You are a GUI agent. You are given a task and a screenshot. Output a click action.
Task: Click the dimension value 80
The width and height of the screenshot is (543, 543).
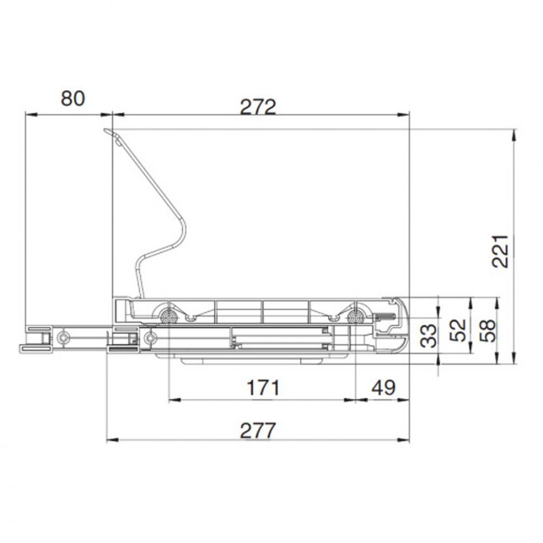click(x=73, y=99)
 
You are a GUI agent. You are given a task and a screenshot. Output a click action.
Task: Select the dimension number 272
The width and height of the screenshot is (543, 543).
click(x=258, y=107)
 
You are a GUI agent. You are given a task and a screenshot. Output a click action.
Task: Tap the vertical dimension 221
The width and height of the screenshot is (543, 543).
click(x=500, y=251)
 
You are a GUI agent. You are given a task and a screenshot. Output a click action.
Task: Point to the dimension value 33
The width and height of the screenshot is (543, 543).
click(x=428, y=335)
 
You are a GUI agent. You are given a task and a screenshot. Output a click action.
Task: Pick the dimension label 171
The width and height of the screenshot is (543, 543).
click(x=263, y=387)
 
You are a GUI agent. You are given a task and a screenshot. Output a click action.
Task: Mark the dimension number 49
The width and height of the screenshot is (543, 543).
click(x=383, y=387)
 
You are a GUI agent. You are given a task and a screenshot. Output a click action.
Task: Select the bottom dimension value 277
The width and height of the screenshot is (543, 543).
click(x=258, y=430)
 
